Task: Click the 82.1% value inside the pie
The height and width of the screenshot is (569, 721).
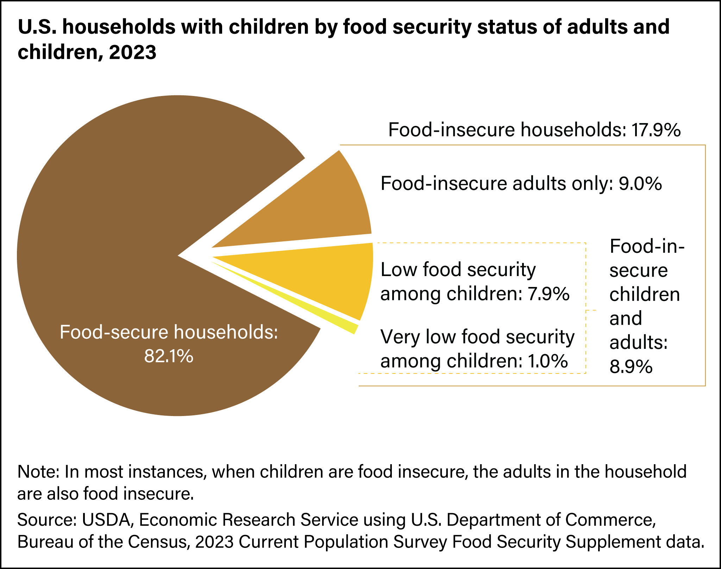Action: tap(169, 356)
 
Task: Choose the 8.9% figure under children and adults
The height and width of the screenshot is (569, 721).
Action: tap(631, 366)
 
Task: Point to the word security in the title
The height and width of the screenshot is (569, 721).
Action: tap(432, 27)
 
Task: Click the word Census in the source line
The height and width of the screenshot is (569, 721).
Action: tap(156, 542)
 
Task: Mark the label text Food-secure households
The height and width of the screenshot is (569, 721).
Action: tap(169, 332)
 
